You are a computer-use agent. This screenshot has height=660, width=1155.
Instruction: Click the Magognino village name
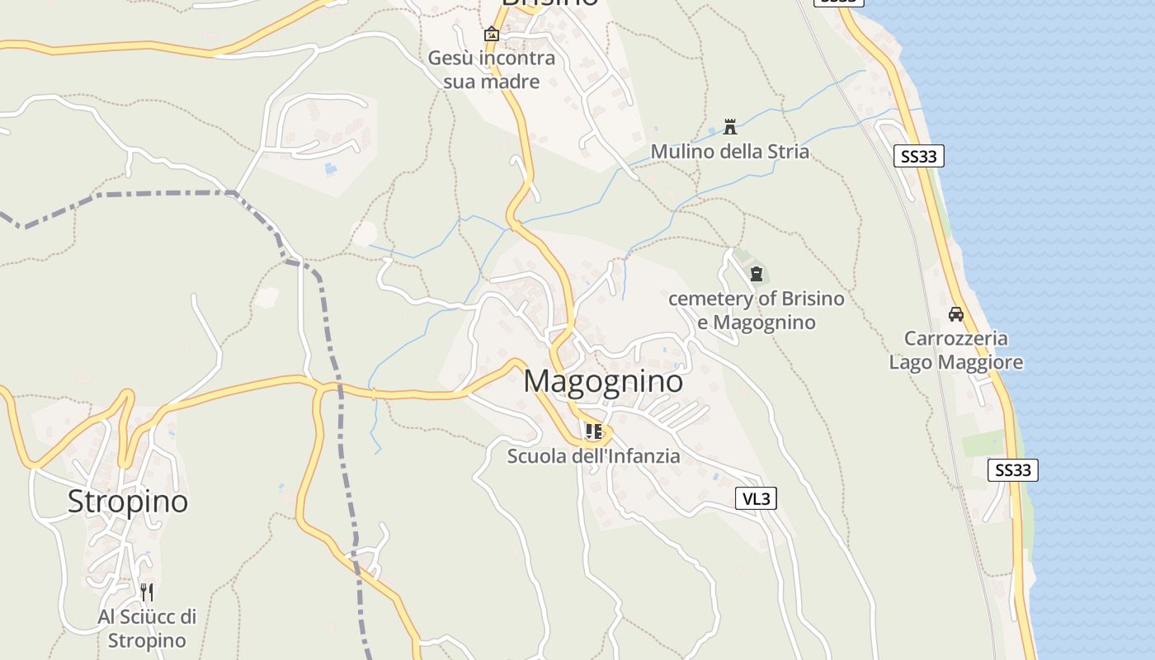click(x=603, y=381)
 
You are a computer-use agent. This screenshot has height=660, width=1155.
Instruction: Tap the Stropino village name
click(x=128, y=501)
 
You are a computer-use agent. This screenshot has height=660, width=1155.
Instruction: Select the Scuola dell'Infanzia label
click(x=593, y=455)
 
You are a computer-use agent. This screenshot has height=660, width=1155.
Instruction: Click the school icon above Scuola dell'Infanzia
click(x=593, y=431)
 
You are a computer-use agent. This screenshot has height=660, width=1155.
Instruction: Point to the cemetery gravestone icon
click(x=756, y=274)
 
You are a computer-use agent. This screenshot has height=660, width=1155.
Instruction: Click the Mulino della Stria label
click(x=729, y=151)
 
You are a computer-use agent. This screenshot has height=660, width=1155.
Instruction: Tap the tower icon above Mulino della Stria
click(x=729, y=126)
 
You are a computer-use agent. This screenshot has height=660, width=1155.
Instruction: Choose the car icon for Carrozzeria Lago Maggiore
click(x=955, y=313)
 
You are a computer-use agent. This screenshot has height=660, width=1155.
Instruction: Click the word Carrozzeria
click(x=955, y=338)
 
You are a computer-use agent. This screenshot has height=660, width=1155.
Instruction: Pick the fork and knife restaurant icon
click(x=147, y=591)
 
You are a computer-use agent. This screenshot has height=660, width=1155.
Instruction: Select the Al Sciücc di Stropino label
click(x=147, y=628)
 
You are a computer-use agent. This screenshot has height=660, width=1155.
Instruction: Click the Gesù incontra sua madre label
click(x=491, y=70)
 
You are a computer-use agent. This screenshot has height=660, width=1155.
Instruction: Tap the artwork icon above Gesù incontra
click(x=491, y=34)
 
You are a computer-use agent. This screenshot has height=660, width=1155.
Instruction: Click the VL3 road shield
click(x=756, y=498)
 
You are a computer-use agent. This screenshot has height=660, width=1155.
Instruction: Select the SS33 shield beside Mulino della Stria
click(x=918, y=156)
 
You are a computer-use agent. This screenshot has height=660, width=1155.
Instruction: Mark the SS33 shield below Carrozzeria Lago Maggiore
click(x=1012, y=470)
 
